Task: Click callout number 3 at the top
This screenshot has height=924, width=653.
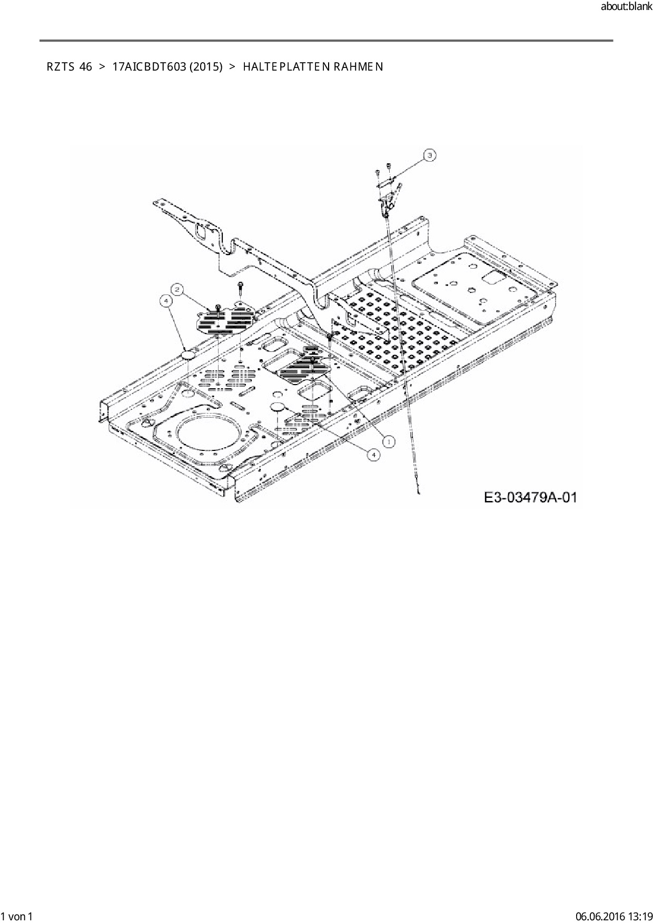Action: click(430, 155)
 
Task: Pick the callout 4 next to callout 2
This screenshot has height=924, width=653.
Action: click(166, 300)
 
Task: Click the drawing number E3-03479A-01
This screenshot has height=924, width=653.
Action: click(530, 497)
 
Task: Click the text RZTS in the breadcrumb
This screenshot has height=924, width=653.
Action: click(60, 67)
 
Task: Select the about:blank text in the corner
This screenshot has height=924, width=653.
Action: click(626, 7)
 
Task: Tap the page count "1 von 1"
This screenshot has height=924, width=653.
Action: click(17, 917)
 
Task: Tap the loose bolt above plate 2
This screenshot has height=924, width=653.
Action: click(240, 288)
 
